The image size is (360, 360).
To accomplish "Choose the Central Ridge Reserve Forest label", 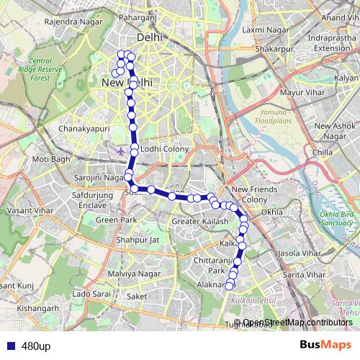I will tap(50, 71).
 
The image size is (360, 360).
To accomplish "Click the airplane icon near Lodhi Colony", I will tap(120, 151).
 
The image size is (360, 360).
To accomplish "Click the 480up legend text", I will tap(35, 346).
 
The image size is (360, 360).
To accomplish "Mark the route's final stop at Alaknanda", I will tap(230, 286).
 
